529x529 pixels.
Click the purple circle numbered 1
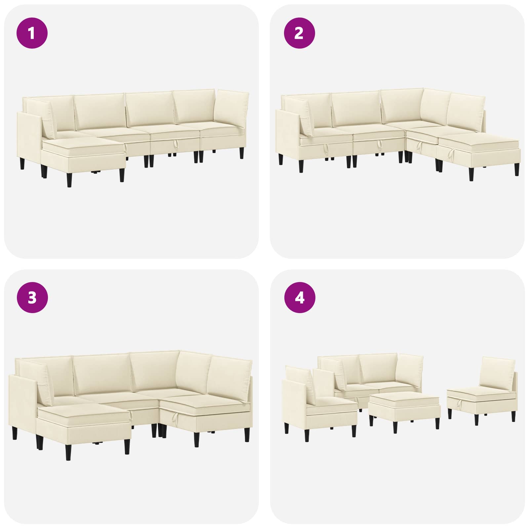coord(32,33)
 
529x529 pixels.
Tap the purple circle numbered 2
coord(300,33)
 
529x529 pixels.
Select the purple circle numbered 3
coord(32,298)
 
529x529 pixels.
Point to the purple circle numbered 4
coord(300,298)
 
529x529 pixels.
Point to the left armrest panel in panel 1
coord(29,139)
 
